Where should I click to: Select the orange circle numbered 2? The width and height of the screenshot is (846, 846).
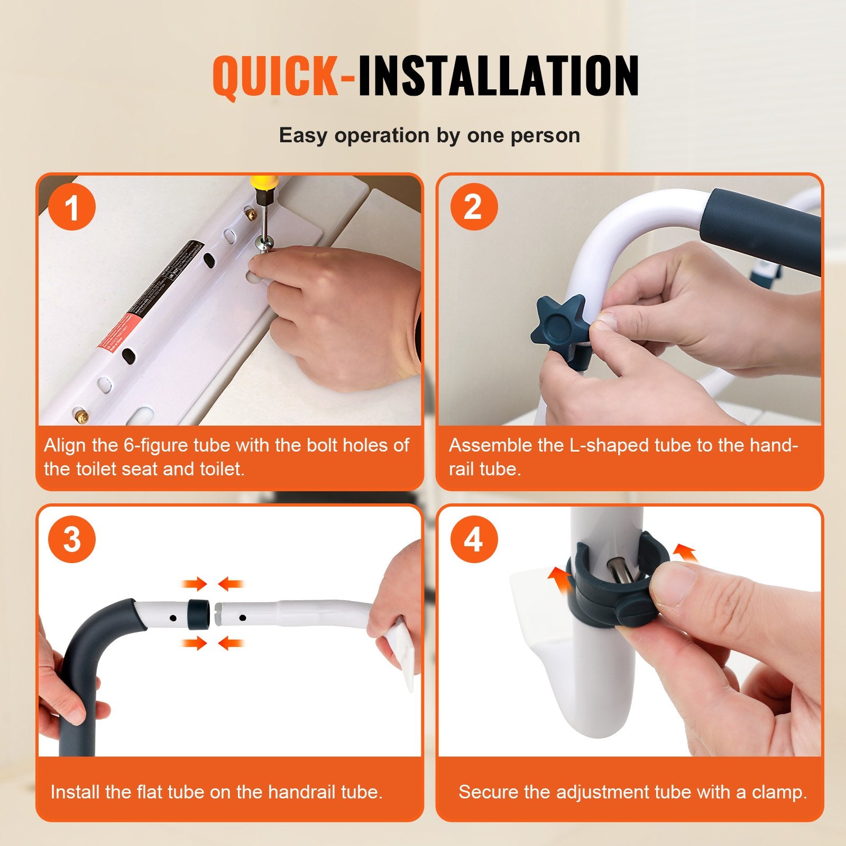473,207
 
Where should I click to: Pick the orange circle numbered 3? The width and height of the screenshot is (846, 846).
71,539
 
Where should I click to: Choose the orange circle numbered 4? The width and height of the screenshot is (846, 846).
473,539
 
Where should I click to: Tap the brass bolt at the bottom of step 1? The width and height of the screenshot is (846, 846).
81,414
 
